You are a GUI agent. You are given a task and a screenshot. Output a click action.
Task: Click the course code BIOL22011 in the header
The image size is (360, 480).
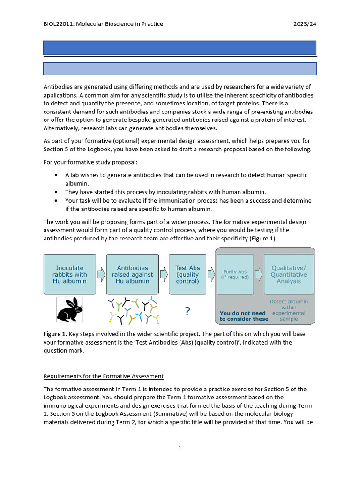pos(60,24)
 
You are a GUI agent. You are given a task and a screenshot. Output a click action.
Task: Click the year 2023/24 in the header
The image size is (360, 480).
pos(305,24)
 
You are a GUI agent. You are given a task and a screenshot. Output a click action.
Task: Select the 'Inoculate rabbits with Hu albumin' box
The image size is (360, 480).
pos(69,274)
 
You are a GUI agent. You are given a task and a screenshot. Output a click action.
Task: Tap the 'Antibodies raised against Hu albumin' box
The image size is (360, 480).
pos(133,274)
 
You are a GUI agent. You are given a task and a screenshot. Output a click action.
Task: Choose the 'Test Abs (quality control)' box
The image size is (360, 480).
pos(187,274)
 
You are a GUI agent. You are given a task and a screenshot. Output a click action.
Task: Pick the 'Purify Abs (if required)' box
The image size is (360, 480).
pos(235,274)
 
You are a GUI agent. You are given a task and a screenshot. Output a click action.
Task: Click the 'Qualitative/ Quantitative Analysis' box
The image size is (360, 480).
pos(289,274)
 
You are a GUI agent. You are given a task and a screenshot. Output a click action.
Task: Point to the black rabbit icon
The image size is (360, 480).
pos(70,309)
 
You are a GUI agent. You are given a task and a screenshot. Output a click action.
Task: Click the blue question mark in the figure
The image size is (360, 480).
pos(187,311)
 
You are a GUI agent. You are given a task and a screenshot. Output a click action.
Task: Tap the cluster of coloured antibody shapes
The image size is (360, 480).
pos(134,310)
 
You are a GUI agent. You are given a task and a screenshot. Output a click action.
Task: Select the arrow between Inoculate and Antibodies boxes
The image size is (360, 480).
pos(101,274)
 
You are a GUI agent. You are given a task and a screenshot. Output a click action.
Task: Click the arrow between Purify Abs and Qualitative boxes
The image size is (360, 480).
pos(259,274)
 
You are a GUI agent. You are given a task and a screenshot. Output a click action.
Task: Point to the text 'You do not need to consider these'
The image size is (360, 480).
pos(244,316)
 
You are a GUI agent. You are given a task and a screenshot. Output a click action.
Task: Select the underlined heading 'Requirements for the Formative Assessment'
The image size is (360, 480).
pos(103,376)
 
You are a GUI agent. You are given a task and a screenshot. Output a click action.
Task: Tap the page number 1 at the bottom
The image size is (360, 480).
pos(180,448)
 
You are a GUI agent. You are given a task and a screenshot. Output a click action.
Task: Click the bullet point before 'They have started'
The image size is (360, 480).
pos(56,192)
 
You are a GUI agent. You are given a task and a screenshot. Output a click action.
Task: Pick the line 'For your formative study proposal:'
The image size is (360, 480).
pos(91,162)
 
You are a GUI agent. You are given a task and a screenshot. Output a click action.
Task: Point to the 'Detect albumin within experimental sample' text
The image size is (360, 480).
pos(289,310)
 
